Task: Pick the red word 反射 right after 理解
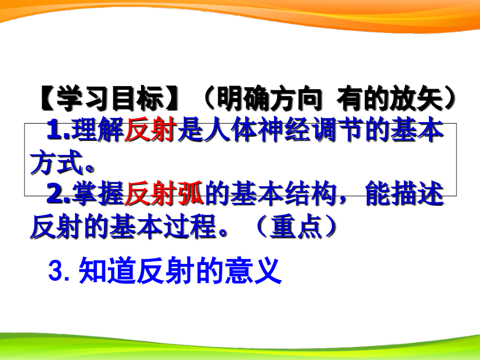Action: point(150,131)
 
